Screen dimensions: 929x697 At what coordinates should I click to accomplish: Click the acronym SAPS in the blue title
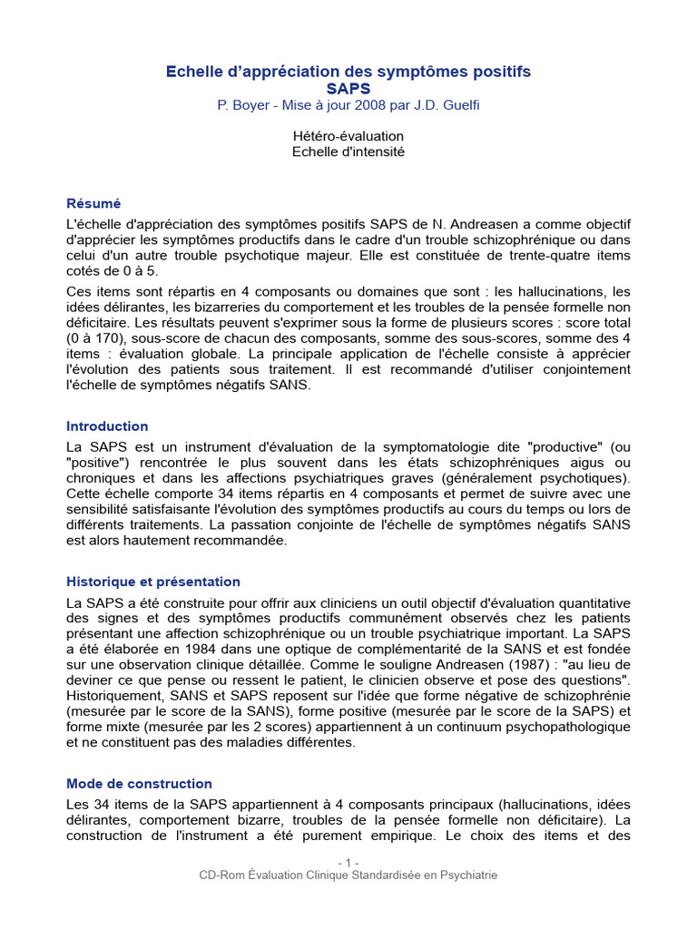[x=348, y=88]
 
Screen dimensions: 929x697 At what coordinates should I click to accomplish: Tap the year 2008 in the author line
[x=372, y=105]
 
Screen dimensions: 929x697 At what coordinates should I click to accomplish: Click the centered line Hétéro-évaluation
[x=348, y=136]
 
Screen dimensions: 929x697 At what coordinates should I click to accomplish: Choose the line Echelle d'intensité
[x=348, y=152]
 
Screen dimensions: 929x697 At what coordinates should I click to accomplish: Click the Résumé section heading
[x=93, y=203]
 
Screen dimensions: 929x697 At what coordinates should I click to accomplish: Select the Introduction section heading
[x=107, y=425]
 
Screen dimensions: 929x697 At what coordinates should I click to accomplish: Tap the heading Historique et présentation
[x=153, y=582]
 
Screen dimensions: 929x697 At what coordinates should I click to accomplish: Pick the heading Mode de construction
[x=139, y=783]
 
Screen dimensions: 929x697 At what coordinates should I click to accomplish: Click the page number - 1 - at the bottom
[x=348, y=861]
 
